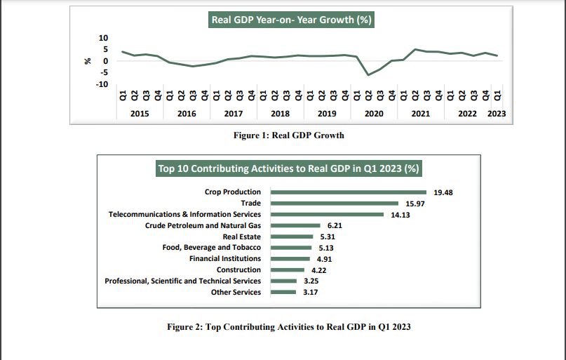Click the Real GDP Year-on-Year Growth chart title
tap(291, 20)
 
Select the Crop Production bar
tap(349, 192)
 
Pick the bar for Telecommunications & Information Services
tap(327, 214)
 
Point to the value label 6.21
tap(336, 225)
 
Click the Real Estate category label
tap(241, 236)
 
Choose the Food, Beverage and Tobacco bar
tap(292, 248)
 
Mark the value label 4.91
tap(326, 259)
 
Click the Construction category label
tap(238, 270)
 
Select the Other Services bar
tap(283, 293)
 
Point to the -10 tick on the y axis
tap(102, 84)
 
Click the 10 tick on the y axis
tap(105, 37)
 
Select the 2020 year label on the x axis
tap(374, 113)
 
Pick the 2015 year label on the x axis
tap(140, 113)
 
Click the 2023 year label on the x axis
tap(497, 113)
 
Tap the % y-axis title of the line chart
tap(88, 61)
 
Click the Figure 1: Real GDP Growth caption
tap(289, 135)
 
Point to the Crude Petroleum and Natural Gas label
tap(203, 225)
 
